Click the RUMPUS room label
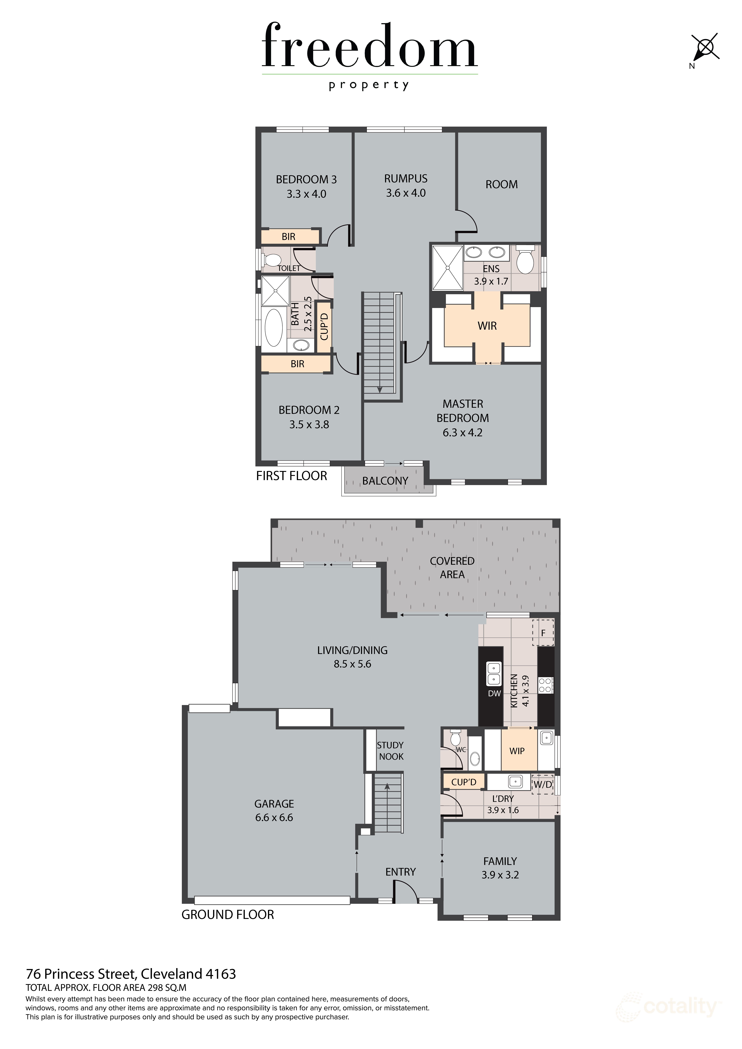point(406,179)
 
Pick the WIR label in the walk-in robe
point(487,326)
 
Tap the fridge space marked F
point(543,633)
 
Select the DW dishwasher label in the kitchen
point(494,694)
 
